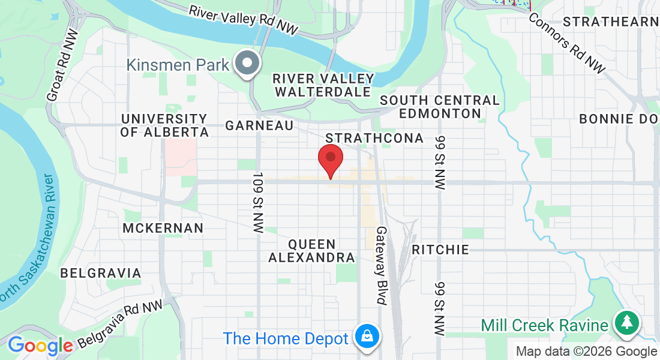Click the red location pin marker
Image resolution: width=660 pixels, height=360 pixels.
pos(330,159)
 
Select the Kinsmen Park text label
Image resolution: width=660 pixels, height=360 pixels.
pos(178,65)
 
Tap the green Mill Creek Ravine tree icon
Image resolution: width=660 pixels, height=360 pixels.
pos(627,323)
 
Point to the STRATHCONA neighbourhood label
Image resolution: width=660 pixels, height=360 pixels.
pos(374,139)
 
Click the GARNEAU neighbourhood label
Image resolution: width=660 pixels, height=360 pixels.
pos(259,125)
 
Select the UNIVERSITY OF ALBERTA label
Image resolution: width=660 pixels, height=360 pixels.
pos(164,125)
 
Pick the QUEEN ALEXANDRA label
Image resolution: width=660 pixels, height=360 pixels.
pos(311,251)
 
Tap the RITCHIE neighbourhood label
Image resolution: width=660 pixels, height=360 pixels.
pos(440,250)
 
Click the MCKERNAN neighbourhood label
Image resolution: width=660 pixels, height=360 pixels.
pos(163,228)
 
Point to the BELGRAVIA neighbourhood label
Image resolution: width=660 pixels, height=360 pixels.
pos(101,274)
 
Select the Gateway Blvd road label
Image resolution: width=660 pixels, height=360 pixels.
pos(382,265)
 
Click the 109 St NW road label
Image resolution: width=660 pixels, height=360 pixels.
pos(259,204)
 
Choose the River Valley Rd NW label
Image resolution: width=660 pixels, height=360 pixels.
pos(243,20)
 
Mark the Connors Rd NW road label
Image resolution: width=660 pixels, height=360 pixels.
pos(567,41)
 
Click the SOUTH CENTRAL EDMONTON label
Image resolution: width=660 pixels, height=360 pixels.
pos(439,107)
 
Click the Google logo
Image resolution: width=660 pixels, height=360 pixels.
pos(40,346)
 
